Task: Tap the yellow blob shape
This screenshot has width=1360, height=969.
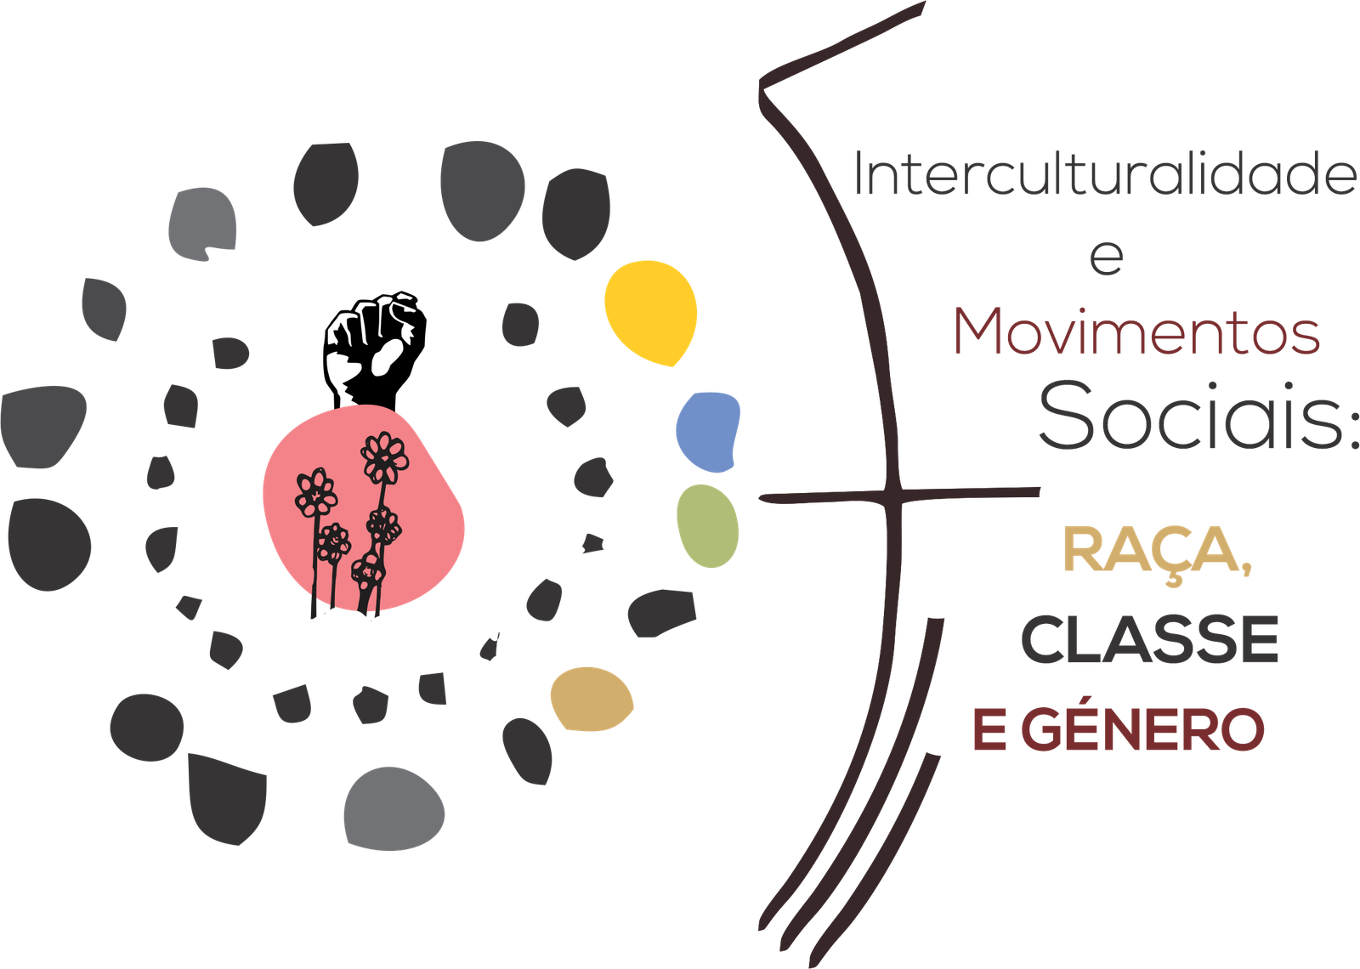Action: (651, 313)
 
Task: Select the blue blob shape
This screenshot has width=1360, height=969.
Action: (708, 432)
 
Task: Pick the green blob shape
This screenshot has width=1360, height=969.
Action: (707, 526)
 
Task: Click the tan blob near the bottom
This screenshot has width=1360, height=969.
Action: (592, 699)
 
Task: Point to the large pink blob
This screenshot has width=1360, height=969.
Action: (363, 507)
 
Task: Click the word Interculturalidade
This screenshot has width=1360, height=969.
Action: (1105, 173)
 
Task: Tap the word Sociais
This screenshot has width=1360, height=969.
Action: (1190, 416)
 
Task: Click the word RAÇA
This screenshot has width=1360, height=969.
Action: (1152, 549)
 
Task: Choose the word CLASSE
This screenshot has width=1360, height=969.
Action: (1150, 639)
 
